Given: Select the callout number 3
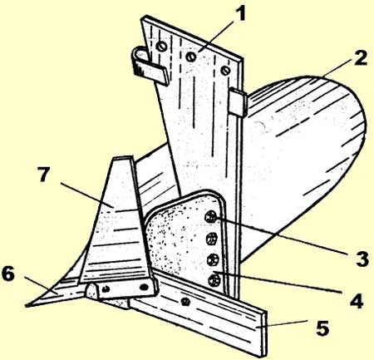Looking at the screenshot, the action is [362, 259].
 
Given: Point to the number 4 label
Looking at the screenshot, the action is [357, 299].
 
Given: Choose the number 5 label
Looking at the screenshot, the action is [322, 328].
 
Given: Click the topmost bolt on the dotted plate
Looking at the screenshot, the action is [210, 217].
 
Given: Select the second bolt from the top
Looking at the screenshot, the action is [212, 239].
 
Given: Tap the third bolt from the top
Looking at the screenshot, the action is [213, 259].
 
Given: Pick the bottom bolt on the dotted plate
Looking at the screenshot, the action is [214, 280].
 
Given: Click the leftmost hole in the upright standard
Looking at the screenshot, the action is [161, 46].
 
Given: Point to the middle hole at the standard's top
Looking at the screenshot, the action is [191, 57].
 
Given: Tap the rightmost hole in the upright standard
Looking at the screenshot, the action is [225, 70].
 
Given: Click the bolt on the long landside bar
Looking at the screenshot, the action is [185, 301].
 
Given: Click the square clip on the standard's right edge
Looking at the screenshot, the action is [238, 102].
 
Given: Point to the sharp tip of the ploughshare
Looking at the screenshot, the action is [26, 306].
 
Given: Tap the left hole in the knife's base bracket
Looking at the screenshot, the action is [106, 289].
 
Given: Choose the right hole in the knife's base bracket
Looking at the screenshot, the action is [144, 287].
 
